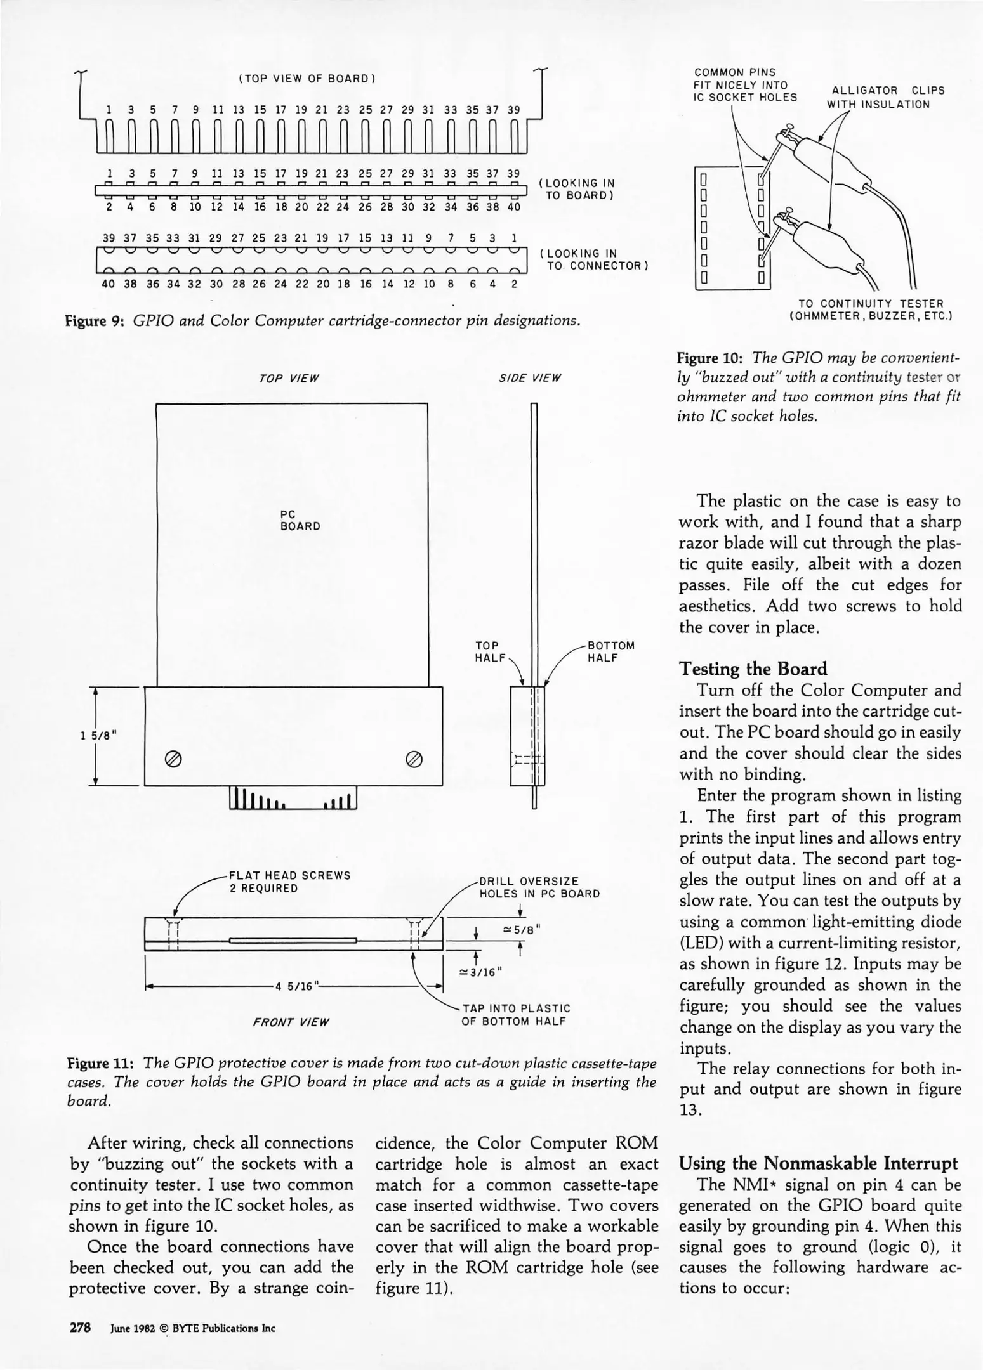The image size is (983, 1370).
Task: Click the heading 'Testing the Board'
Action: pyautogui.click(x=753, y=669)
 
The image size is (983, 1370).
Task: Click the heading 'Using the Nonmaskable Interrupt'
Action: pyautogui.click(x=818, y=1163)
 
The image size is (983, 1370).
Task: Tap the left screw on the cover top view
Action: pyautogui.click(x=172, y=759)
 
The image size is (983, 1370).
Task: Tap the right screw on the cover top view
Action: pyautogui.click(x=414, y=759)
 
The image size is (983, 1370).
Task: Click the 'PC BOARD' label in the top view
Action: pyautogui.click(x=300, y=519)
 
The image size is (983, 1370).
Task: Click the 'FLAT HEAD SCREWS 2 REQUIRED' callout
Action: pyautogui.click(x=289, y=882)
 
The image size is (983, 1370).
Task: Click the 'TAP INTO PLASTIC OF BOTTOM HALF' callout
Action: pyautogui.click(x=516, y=1014)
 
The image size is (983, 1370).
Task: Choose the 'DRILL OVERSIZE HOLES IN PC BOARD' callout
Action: pyautogui.click(x=539, y=887)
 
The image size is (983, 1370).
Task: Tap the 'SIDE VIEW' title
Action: pyautogui.click(x=530, y=379)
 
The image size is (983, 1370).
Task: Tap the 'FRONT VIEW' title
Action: pyautogui.click(x=291, y=1022)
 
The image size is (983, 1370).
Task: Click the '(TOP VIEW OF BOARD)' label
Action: pyautogui.click(x=307, y=79)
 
